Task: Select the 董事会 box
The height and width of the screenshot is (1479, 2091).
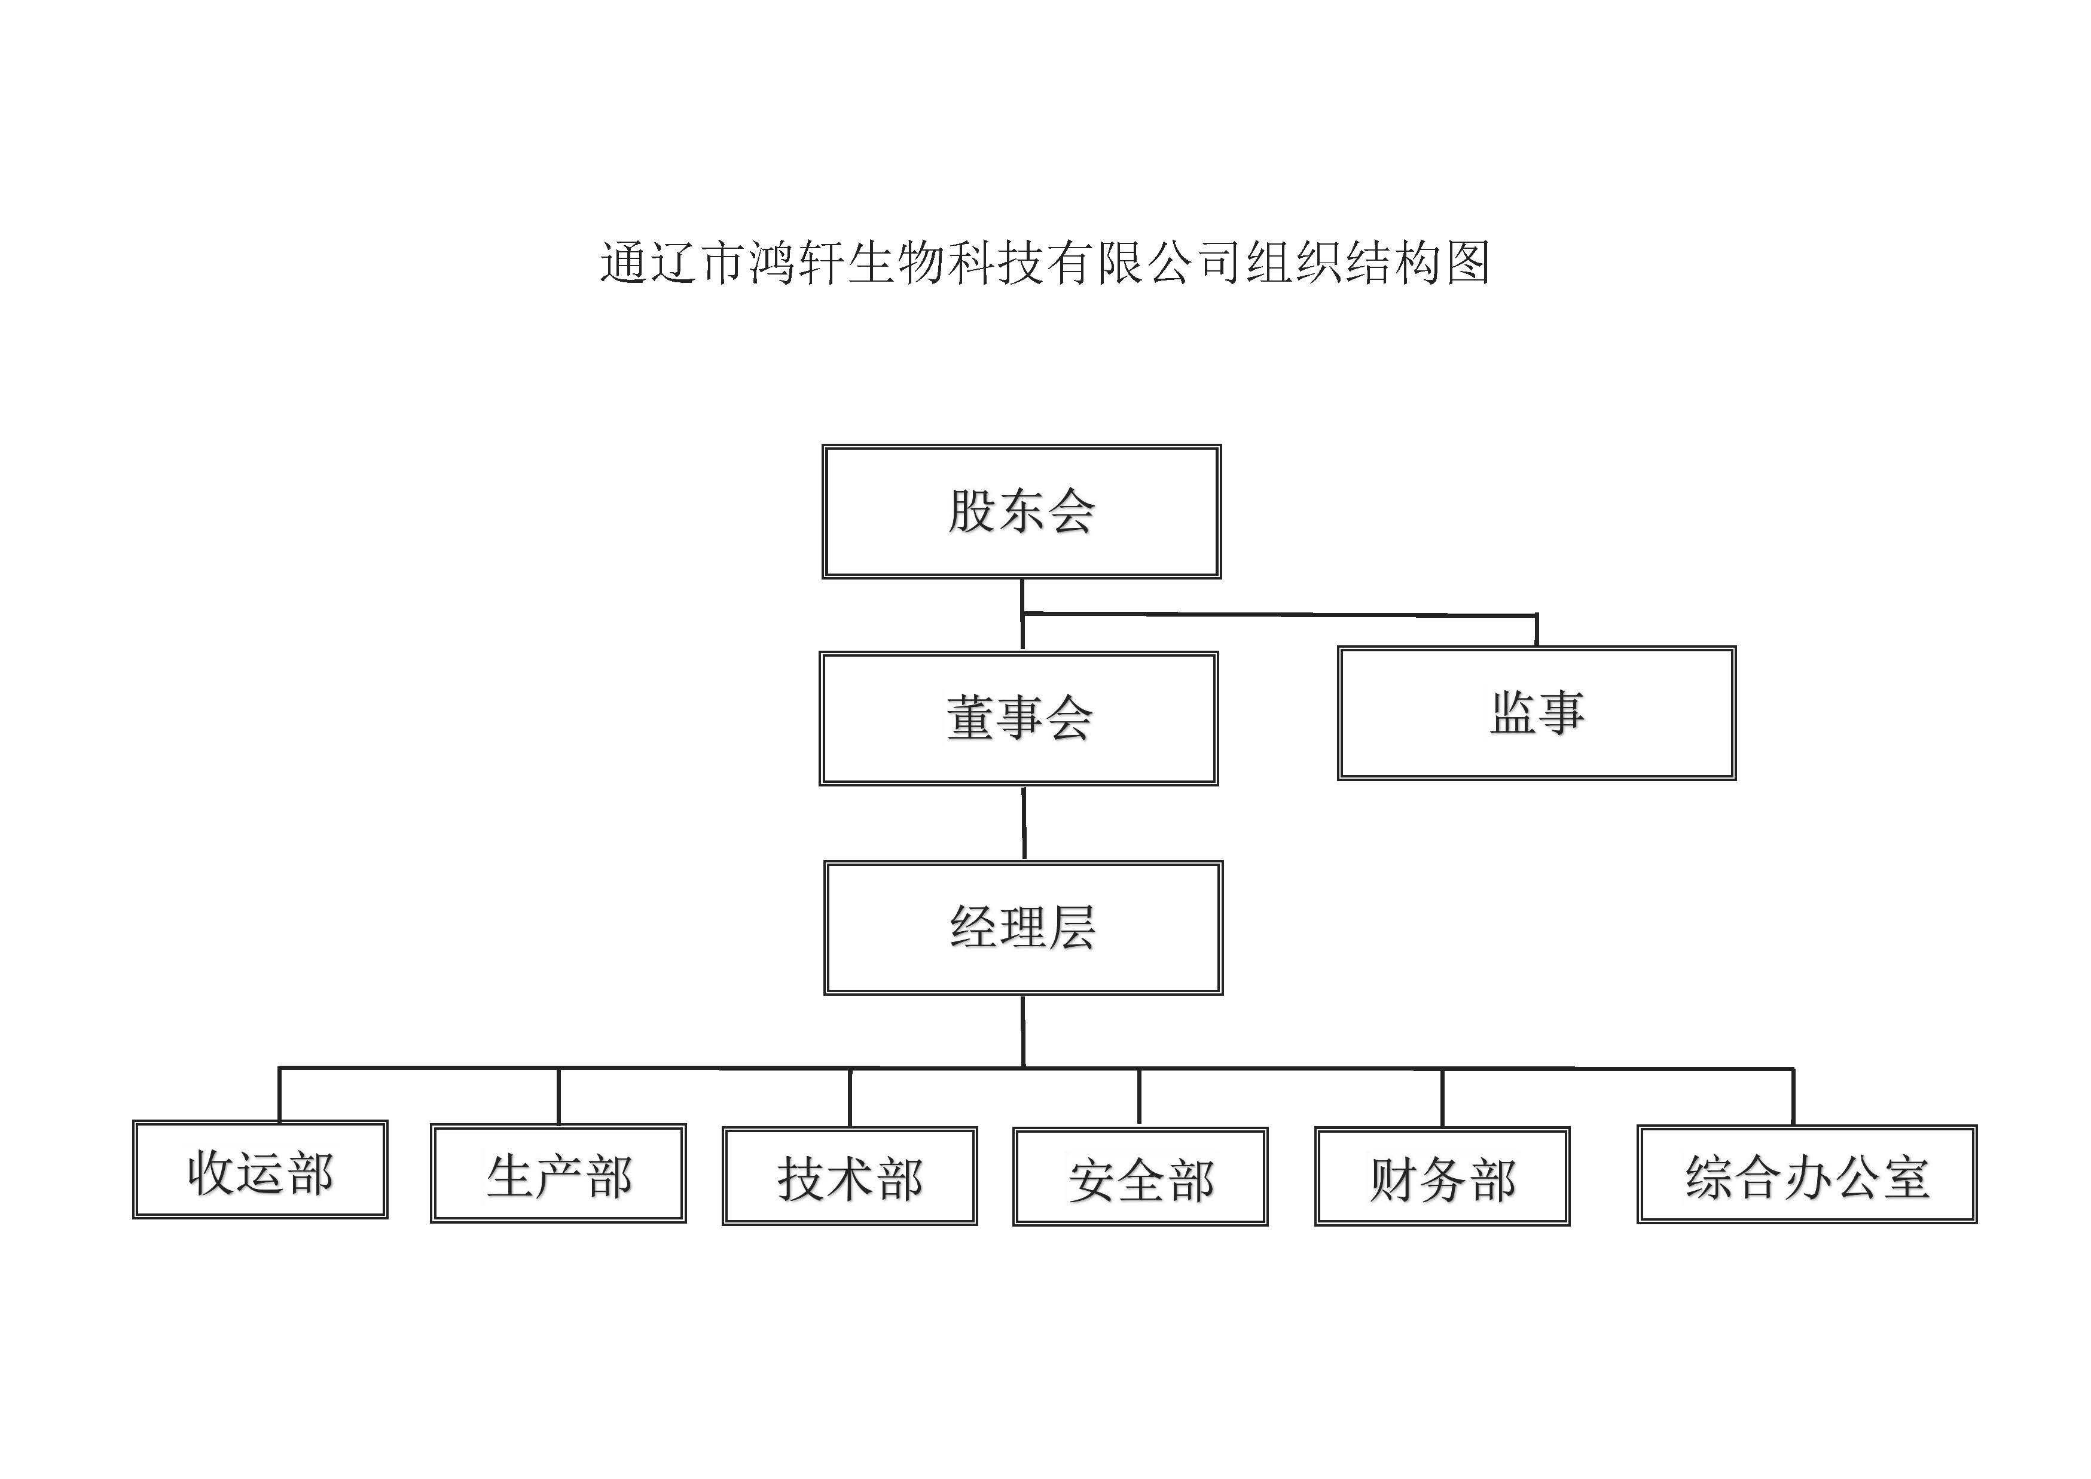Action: (1018, 718)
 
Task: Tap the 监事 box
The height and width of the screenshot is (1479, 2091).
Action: (1536, 713)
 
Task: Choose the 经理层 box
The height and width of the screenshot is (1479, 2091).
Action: (1022, 927)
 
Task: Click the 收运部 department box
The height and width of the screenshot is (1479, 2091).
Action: (261, 1169)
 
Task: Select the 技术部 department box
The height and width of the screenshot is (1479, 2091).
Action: (850, 1176)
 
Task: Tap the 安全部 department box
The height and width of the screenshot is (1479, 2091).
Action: (1140, 1176)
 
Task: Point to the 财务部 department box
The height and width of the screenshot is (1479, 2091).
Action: (1442, 1176)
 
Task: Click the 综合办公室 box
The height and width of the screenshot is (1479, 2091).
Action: (1807, 1174)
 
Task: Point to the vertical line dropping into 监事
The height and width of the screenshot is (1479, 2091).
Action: (1536, 630)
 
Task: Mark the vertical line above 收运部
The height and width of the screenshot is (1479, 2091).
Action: (279, 1094)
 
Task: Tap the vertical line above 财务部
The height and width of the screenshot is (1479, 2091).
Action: (1442, 1097)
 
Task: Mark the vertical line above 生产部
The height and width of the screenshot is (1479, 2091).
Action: (558, 1096)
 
